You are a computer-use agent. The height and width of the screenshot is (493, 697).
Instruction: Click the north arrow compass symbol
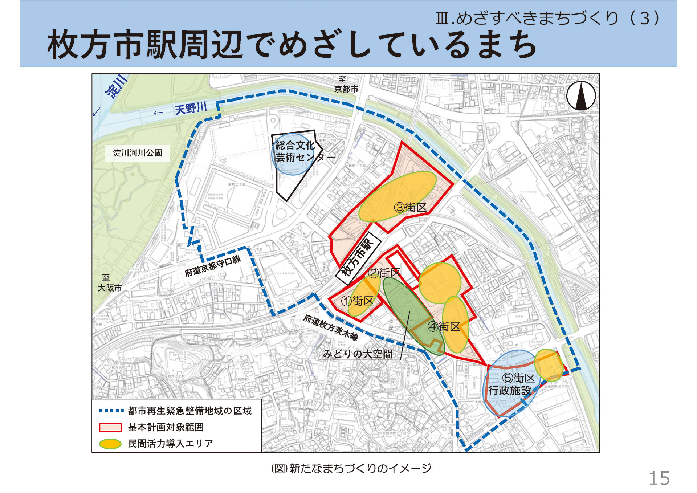click(581, 96)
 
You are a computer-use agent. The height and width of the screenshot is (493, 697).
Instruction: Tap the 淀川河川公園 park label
click(137, 153)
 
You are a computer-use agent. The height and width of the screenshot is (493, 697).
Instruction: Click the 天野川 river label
click(191, 108)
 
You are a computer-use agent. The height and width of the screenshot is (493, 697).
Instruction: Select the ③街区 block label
click(410, 208)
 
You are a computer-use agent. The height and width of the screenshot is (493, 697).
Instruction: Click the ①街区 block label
click(357, 301)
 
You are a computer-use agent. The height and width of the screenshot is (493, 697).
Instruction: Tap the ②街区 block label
click(384, 273)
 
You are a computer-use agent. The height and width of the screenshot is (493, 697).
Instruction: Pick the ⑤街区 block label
click(518, 378)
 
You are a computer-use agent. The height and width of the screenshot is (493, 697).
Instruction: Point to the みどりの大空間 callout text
click(358, 354)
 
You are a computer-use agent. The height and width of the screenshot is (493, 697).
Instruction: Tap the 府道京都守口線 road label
click(213, 266)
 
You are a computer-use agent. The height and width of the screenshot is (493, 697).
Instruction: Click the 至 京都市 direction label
click(346, 84)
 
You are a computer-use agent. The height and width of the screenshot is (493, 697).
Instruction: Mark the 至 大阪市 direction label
click(110, 283)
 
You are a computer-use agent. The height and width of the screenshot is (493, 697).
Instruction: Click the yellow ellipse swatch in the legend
click(110, 444)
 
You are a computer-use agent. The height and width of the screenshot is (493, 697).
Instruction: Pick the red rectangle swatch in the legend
click(110, 427)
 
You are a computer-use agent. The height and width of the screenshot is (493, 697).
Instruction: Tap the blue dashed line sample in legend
click(111, 411)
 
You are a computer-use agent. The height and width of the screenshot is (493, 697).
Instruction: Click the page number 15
click(659, 478)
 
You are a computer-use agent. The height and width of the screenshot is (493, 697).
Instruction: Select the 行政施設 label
click(509, 391)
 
